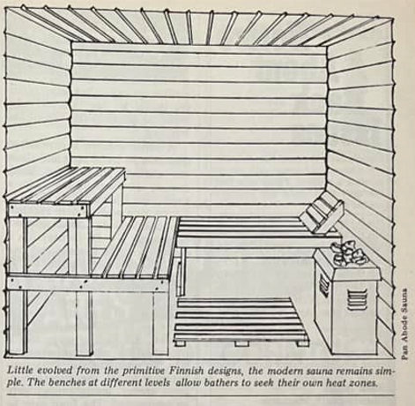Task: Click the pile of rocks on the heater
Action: tap(350, 252)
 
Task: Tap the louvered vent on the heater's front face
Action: tap(357, 299)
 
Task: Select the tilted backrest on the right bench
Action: tap(321, 213)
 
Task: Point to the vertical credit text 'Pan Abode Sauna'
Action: tap(404, 324)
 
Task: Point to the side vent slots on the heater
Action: tap(324, 287)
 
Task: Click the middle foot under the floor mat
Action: tap(241, 343)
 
